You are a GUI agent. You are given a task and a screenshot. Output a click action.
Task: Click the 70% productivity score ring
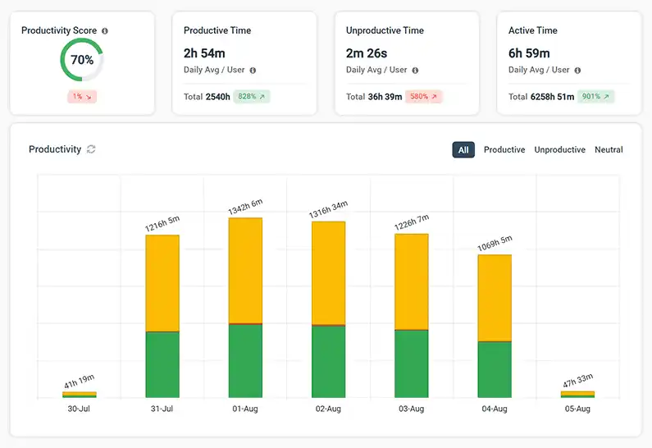pos(81,61)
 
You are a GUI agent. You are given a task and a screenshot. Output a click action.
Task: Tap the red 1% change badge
pos(81,97)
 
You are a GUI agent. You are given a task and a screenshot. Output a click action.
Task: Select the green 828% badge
pos(252,97)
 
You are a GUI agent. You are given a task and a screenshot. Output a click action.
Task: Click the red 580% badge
pos(424,97)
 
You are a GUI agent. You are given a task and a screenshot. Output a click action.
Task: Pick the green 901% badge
pos(595,97)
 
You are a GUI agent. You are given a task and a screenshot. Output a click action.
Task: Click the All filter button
pos(463,150)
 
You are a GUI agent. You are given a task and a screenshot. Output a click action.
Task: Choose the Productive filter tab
pos(504,150)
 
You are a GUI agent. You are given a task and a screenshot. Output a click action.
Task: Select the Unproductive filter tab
pos(559,150)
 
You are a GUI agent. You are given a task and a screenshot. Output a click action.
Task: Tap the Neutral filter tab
pos(609,150)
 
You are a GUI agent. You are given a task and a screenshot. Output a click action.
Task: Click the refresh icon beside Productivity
pos(91,149)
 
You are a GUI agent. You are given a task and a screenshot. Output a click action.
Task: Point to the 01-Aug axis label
pos(245,409)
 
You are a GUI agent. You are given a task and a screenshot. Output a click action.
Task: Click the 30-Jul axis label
pos(79,409)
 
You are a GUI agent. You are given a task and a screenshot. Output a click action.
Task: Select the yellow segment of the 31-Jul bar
pos(162,283)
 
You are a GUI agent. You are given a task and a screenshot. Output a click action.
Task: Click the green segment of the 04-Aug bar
pos(495,369)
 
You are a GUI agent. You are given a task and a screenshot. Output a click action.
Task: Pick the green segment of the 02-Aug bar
pos(328,362)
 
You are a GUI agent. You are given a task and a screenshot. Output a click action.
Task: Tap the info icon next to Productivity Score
pos(105,31)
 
